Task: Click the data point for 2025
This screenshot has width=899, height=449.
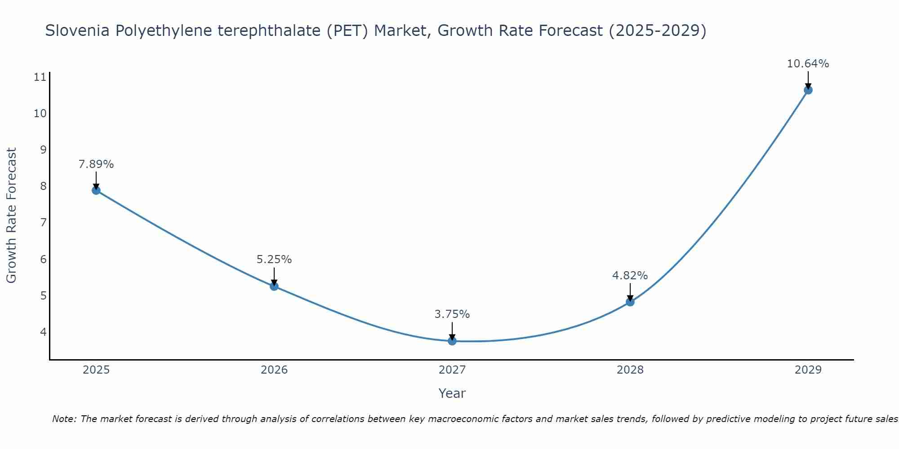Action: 96,190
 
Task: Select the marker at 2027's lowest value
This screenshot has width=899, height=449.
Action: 452,341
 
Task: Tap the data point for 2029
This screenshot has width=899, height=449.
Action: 808,90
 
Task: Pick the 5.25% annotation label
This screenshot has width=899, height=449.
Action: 274,260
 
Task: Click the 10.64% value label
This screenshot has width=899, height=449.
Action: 808,64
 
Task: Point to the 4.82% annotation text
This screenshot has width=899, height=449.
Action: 630,275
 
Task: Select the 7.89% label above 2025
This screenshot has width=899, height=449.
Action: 96,164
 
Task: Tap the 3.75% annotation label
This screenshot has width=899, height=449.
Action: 452,314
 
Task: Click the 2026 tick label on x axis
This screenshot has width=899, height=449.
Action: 274,370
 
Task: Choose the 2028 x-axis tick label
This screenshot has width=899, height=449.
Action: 630,370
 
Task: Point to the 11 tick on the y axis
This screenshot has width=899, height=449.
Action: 40,77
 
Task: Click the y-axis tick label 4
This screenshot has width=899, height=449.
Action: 43,332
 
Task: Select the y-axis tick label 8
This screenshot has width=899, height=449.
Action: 43,186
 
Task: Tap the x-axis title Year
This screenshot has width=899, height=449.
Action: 452,393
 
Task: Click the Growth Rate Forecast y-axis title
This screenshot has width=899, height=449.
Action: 12,216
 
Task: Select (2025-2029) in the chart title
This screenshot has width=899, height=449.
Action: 657,31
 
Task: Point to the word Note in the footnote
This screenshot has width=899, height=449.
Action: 65,419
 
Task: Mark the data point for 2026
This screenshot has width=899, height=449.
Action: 274,286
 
